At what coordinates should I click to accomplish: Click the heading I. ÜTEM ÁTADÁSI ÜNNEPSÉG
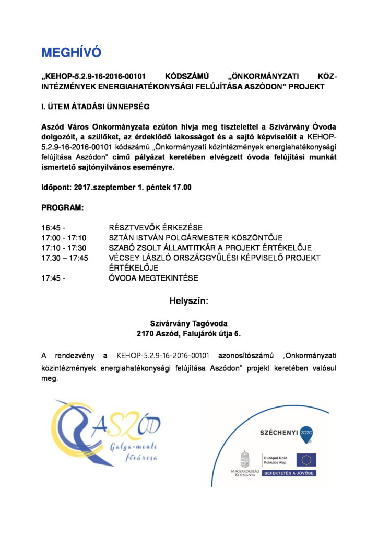(95, 107)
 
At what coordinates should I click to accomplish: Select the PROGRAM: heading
(62, 207)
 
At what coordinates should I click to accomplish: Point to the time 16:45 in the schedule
(51, 228)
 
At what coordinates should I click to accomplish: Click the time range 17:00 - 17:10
(64, 238)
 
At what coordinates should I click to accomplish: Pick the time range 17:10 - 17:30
(64, 248)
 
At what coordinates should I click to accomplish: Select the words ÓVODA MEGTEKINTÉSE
(153, 278)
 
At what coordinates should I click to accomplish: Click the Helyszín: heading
(188, 301)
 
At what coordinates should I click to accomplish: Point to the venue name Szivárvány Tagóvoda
(188, 323)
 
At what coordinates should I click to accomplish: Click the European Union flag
(306, 460)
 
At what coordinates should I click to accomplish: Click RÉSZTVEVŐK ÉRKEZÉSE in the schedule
(155, 228)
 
